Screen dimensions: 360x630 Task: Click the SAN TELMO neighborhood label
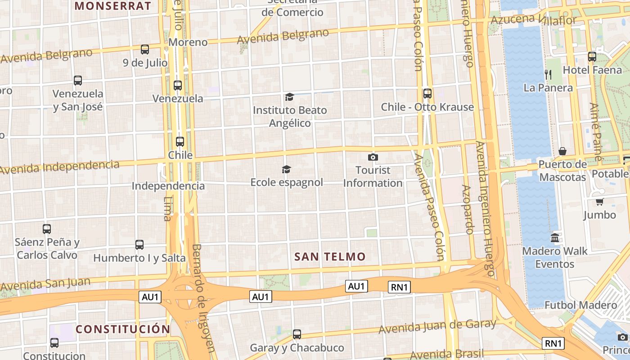click(x=330, y=257)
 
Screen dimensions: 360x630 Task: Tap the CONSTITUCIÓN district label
click(x=123, y=329)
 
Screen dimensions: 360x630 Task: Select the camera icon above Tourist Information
click(x=373, y=157)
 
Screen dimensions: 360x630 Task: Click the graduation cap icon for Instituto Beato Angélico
click(x=289, y=97)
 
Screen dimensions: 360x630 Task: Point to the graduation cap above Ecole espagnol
click(x=286, y=169)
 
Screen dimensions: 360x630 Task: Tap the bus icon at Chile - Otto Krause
click(x=427, y=94)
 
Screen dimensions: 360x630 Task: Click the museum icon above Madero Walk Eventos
click(x=555, y=238)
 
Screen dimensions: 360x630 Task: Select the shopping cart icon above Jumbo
click(x=599, y=202)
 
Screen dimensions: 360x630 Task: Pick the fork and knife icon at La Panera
click(x=548, y=74)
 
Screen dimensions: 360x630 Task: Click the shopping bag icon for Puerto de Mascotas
click(x=562, y=151)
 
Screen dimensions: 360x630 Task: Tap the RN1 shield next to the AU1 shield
click(x=399, y=287)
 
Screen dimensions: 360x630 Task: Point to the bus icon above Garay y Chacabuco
click(x=297, y=334)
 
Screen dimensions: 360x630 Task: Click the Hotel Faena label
click(x=592, y=70)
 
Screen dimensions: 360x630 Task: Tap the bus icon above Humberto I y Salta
click(x=139, y=245)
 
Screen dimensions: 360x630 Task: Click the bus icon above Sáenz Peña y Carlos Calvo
click(x=47, y=229)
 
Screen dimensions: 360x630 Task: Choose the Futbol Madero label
click(x=580, y=305)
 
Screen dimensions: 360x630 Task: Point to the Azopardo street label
click(x=467, y=209)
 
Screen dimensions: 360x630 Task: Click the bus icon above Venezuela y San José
click(x=78, y=81)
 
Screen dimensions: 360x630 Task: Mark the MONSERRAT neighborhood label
click(x=113, y=6)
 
